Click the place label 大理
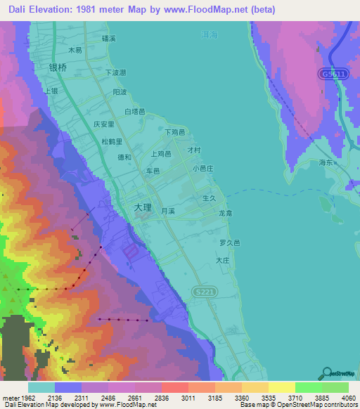coord(142,209)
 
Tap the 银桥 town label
coord(58,68)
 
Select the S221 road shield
coord(203,291)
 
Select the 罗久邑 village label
coord(229,242)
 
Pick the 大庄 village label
coord(224,260)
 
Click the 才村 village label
coord(194,150)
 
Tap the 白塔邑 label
coord(134,112)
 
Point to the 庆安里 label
coord(103,123)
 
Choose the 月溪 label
coord(167,210)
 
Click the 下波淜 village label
coord(115,72)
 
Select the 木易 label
coord(75,51)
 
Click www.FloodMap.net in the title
coord(212,10)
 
